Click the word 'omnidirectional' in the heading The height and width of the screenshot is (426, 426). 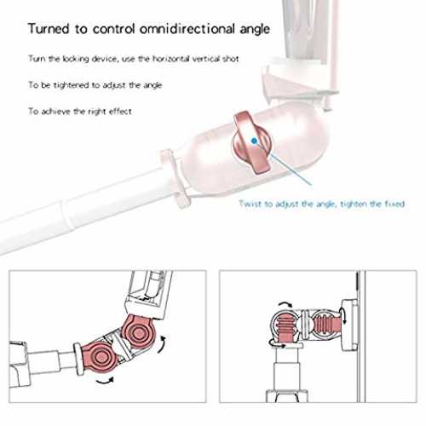(187, 29)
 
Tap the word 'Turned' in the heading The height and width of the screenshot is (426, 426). (49, 29)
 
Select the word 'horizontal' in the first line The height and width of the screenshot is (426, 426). (171, 59)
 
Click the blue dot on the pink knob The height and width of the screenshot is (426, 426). (254, 140)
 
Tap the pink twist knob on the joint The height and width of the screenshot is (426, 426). (251, 142)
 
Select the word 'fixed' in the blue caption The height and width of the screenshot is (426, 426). (394, 204)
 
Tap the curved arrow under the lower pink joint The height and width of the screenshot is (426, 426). (105, 382)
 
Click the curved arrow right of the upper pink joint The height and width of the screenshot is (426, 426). (163, 345)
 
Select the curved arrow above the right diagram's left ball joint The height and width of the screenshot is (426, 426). (285, 304)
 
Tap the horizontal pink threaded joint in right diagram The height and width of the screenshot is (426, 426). (326, 325)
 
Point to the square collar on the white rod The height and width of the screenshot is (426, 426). (175, 179)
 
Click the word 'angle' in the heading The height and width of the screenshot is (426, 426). (255, 30)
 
